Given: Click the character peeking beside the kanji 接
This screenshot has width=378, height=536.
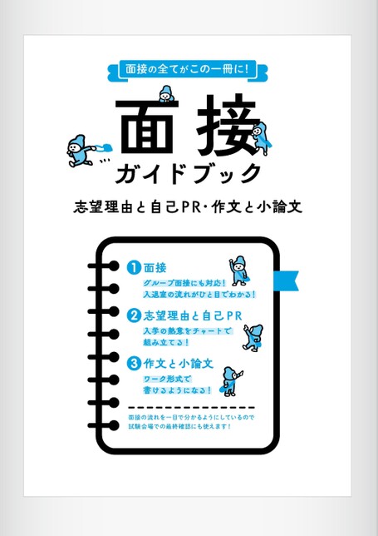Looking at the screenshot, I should tap(263, 135).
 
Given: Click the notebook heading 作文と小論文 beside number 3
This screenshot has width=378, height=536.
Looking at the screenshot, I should tap(179, 364).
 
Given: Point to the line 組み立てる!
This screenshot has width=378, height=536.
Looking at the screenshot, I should tap(165, 342).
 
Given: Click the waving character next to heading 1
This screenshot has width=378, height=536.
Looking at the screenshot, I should tap(239, 268).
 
